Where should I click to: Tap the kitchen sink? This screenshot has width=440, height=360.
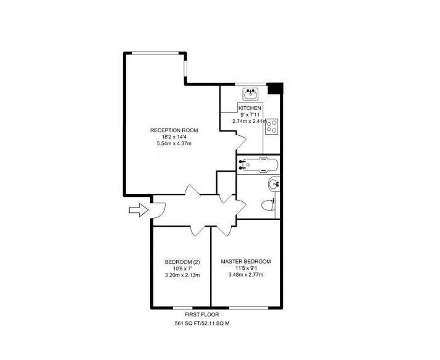click(251, 94)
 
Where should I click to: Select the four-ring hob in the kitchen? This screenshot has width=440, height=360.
click(271, 125)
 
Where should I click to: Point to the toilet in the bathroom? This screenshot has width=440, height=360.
click(267, 206)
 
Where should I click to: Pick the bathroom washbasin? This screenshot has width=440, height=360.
click(274, 183)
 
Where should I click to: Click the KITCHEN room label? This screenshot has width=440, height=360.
click(250, 108)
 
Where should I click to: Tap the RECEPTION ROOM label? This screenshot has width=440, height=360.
click(174, 130)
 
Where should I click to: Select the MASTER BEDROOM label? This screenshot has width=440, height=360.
click(246, 261)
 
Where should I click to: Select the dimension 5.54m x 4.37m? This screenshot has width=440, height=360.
click(174, 143)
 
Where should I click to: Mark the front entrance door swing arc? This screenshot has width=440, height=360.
click(159, 210)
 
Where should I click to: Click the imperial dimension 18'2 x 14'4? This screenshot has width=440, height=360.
click(174, 136)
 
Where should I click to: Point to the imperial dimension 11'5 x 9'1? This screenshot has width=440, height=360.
click(246, 268)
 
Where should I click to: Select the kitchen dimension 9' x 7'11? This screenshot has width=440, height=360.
click(250, 115)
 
